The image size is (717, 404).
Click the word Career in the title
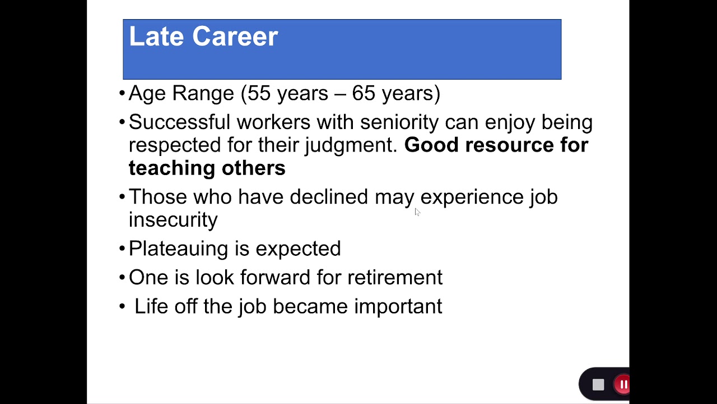click(235, 36)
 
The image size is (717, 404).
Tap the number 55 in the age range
click(259, 93)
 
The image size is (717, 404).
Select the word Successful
click(179, 122)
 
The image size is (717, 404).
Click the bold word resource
click(509, 145)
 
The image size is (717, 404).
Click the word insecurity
click(173, 220)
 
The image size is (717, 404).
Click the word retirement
click(395, 277)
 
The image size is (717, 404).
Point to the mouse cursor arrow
click(417, 212)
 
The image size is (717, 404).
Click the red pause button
click(622, 384)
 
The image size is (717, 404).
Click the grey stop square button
click(598, 385)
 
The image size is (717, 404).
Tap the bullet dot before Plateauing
click(122, 249)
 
